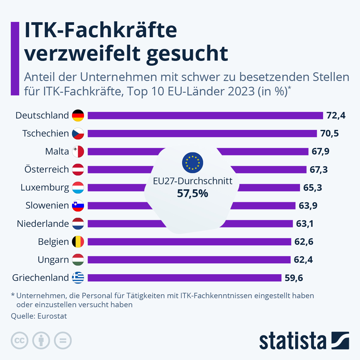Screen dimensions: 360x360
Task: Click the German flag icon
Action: coord(78,115)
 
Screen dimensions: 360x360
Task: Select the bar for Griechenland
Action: coord(184,277)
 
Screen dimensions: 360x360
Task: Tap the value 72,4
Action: coord(336,115)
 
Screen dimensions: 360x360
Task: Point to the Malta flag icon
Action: coord(78,151)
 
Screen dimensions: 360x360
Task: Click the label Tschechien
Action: coord(46,133)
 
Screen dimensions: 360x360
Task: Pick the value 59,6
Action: coord(294,278)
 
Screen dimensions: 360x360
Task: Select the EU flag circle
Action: coord(193,163)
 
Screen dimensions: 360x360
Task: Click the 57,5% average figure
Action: coord(193,193)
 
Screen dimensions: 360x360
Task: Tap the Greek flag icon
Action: coord(78,277)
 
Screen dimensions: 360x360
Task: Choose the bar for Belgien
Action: coord(189,241)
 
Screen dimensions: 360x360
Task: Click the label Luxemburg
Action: coord(45,187)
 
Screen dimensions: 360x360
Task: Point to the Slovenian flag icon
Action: coord(78,205)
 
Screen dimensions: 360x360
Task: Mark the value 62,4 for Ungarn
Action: coord(303,259)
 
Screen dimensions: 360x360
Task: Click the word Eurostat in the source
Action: coord(52,316)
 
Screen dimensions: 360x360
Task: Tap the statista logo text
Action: coord(292,341)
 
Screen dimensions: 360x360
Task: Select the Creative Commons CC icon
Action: coord(19,341)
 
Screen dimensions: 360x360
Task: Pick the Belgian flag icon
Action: coord(78,241)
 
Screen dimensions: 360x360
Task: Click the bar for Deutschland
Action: coord(205,115)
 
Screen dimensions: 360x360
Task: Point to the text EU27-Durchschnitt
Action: coord(193,181)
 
